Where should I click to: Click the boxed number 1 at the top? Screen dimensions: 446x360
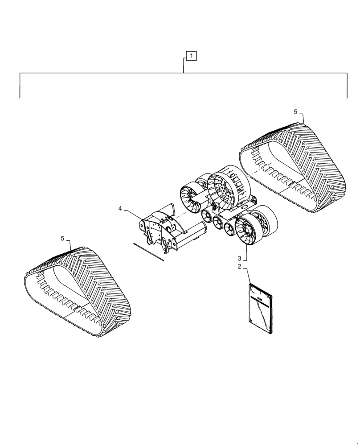pos(191,56)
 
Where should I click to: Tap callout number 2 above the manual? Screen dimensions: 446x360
pos(239,267)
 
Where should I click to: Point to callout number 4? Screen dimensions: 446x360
pos(120,208)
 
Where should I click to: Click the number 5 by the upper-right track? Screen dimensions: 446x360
pos(295,111)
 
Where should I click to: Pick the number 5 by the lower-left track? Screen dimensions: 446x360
pos(63,239)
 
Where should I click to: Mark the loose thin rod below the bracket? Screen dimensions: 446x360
pos(149,251)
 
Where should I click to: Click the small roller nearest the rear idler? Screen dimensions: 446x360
pos(207,217)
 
